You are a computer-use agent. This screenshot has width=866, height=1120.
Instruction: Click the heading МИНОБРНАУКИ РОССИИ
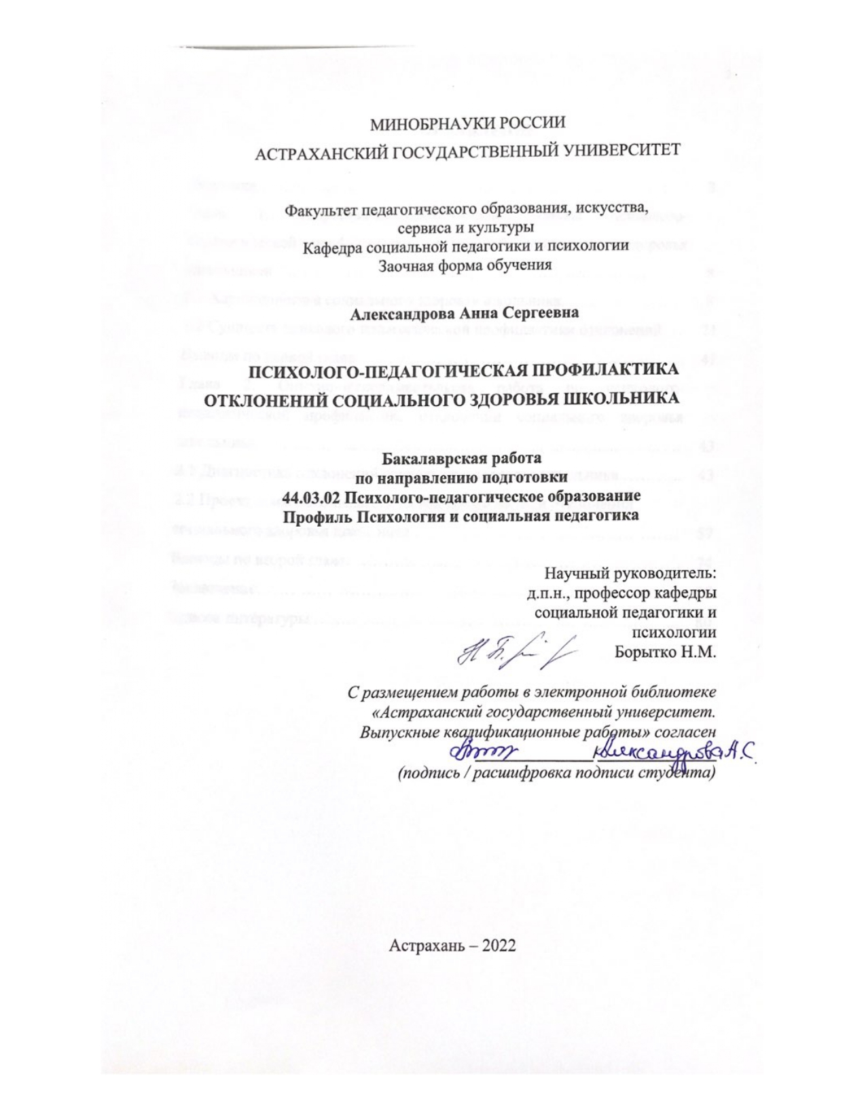point(467,124)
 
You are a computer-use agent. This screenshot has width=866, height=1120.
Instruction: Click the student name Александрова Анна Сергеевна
point(465,314)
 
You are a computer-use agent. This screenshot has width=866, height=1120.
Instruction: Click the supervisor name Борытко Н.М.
point(665,652)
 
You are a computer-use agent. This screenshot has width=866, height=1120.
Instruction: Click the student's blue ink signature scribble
point(484,750)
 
